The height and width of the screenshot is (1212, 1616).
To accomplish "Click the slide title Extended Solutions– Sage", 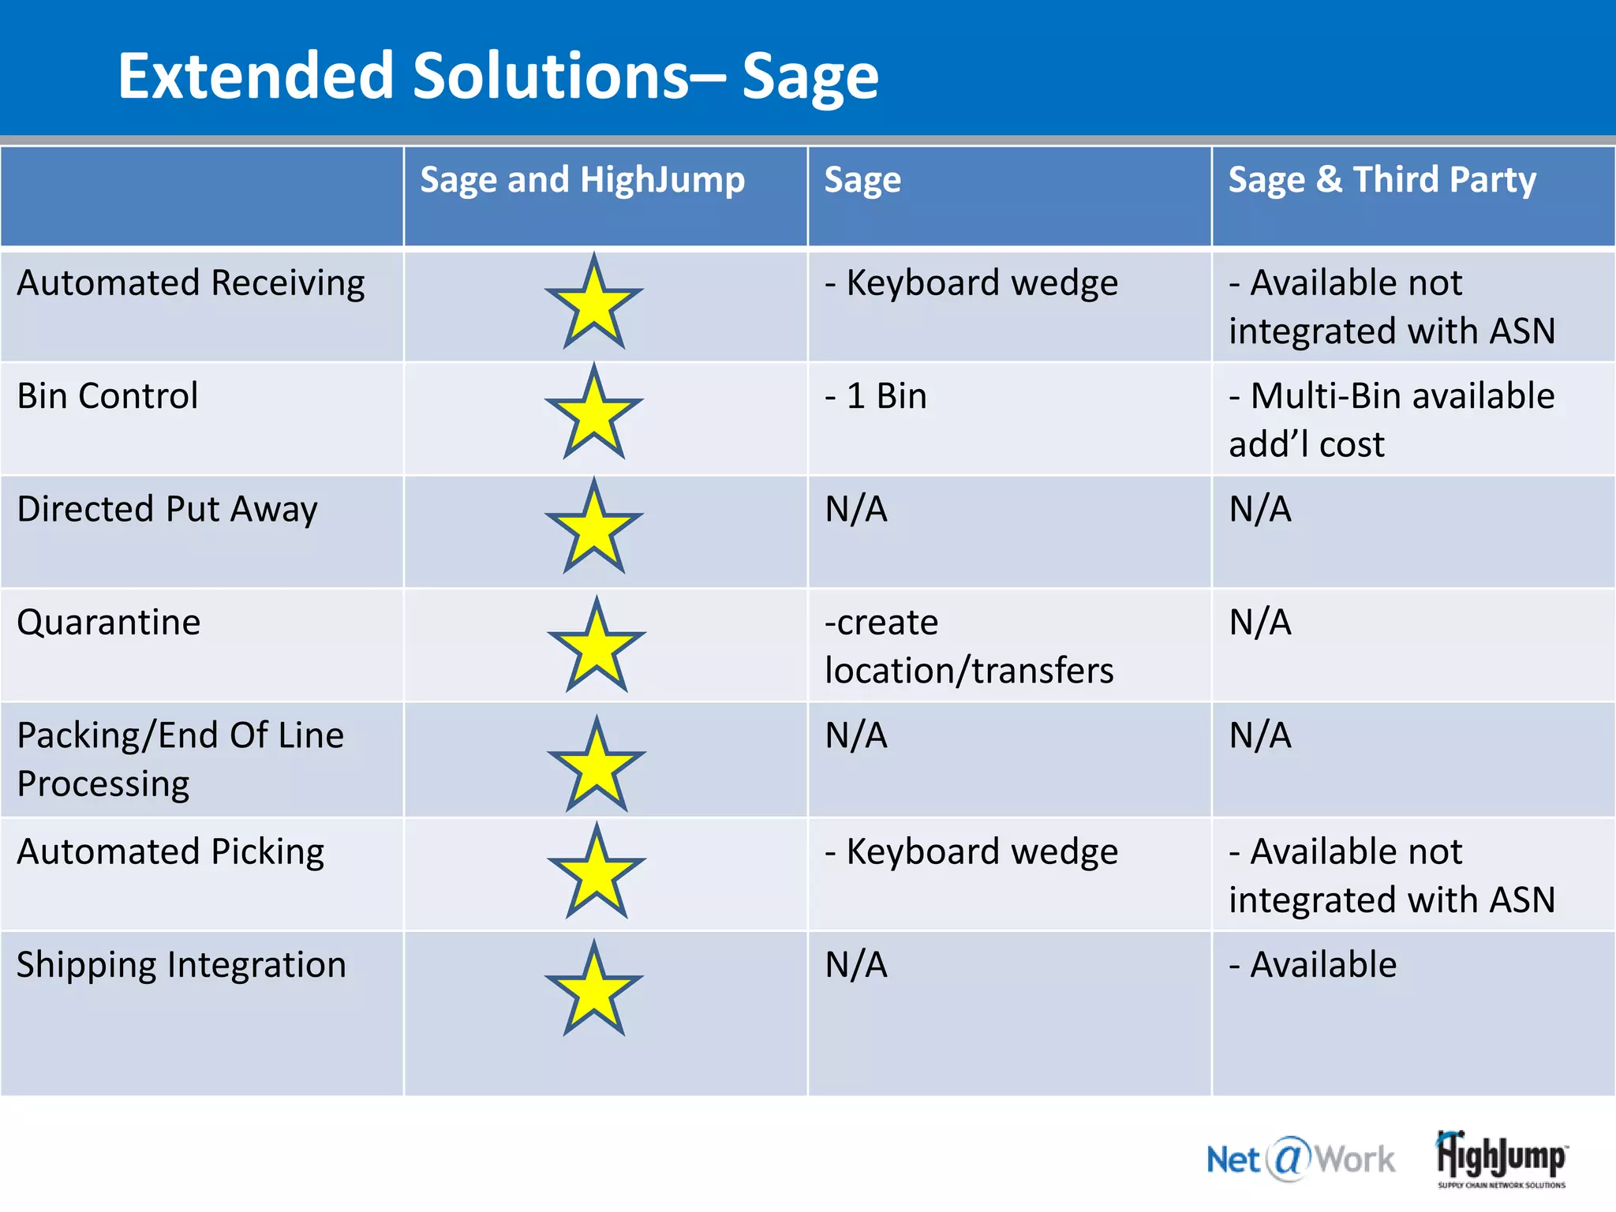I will pyautogui.click(x=498, y=76).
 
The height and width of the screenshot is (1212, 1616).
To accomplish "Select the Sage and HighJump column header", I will pyautogui.click(x=582, y=180).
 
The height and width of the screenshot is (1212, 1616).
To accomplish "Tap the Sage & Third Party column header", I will pyautogui.click(x=1382, y=180).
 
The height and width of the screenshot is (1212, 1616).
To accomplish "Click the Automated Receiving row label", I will pyautogui.click(x=191, y=282).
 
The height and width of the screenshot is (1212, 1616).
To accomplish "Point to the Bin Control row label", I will pyautogui.click(x=107, y=396).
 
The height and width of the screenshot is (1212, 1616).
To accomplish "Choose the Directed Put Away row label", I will pyautogui.click(x=167, y=509).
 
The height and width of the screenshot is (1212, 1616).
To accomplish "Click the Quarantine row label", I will pyautogui.click(x=109, y=623).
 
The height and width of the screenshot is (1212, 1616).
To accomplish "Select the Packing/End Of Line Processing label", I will pyautogui.click(x=180, y=759).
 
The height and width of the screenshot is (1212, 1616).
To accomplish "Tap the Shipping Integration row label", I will pyautogui.click(x=181, y=965).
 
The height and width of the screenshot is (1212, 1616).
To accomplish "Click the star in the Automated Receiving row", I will pyautogui.click(x=594, y=304).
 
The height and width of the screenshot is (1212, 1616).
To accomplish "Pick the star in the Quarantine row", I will pyautogui.click(x=597, y=647).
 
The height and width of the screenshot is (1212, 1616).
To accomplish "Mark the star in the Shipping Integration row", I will pyautogui.click(x=594, y=990).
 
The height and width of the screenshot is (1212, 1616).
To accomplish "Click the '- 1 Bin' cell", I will pyautogui.click(x=875, y=396).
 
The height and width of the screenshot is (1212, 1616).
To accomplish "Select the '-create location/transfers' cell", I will pyautogui.click(x=968, y=646).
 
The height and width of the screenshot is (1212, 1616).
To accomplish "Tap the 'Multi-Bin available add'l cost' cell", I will pyautogui.click(x=1391, y=420).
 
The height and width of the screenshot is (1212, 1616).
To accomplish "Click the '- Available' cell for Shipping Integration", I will pyautogui.click(x=1312, y=965).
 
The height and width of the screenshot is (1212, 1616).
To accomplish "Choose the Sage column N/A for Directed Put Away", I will pyautogui.click(x=856, y=509).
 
